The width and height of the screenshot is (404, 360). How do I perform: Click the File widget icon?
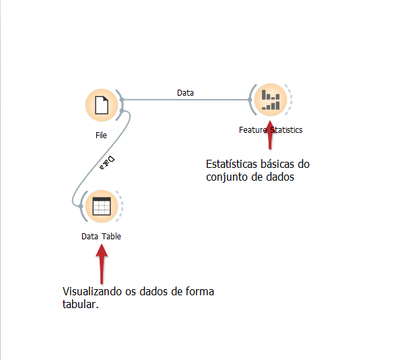(x=101, y=105)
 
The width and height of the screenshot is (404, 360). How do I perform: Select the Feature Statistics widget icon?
(x=270, y=100)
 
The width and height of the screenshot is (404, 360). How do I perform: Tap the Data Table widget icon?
(x=101, y=206)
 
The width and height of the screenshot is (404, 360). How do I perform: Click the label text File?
(x=101, y=136)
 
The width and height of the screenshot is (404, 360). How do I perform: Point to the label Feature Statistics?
(x=270, y=129)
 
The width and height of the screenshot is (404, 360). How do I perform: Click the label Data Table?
(x=101, y=237)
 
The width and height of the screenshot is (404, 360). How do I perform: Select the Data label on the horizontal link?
(x=185, y=93)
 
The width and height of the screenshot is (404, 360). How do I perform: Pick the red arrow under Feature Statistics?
(x=270, y=138)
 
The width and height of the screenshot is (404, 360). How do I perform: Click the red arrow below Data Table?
(x=101, y=263)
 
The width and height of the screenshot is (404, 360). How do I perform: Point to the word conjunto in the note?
(x=226, y=177)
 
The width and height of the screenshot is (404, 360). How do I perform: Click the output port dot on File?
(x=121, y=100)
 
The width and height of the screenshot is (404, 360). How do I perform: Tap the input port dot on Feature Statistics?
(x=250, y=100)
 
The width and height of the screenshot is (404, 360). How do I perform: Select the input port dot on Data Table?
(x=81, y=206)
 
